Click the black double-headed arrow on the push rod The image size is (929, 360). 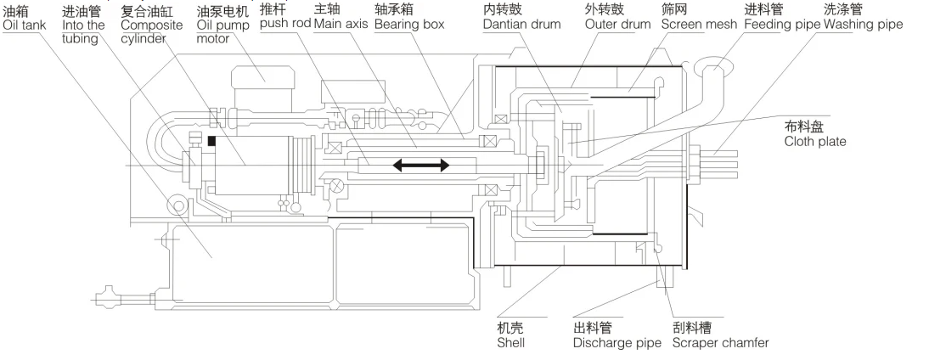point(420,166)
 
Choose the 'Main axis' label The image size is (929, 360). point(341,24)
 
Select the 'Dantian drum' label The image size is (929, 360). point(521,24)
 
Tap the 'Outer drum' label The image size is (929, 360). point(616,24)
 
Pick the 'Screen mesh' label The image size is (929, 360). point(700,24)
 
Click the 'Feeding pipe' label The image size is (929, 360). point(781,24)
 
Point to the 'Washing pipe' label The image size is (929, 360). point(862,24)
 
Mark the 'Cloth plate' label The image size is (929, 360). point(815,142)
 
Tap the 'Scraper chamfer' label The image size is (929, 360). point(720,344)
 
